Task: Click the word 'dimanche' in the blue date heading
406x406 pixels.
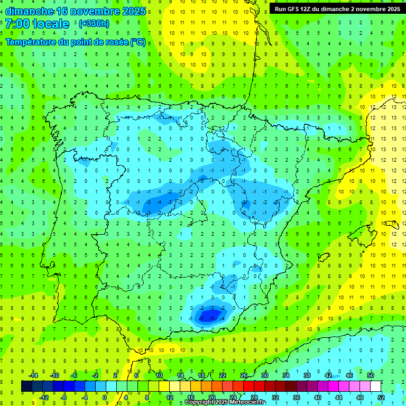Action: [x=30, y=11]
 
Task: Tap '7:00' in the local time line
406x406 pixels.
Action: [x=17, y=24]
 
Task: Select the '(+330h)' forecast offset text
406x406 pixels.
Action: [x=94, y=24]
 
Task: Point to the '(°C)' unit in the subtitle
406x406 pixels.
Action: [x=138, y=42]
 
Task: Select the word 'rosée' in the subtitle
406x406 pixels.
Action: [x=117, y=42]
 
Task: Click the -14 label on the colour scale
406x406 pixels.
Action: [x=33, y=375]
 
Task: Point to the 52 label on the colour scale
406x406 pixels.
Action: [x=381, y=397]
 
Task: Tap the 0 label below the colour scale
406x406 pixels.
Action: [x=105, y=397]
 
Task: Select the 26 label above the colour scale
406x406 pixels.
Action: [x=244, y=375]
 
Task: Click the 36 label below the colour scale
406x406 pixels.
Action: [x=296, y=397]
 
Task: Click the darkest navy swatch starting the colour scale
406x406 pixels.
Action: [x=26, y=386]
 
